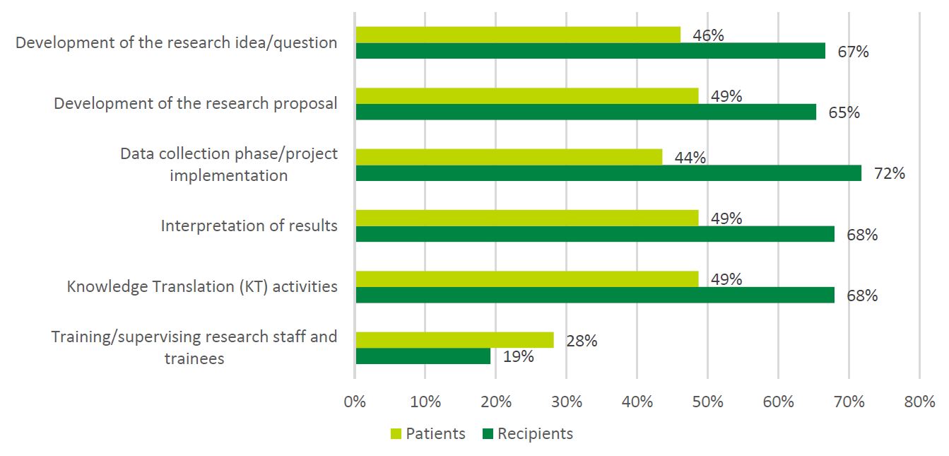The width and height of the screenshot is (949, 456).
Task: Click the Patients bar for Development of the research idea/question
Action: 518,35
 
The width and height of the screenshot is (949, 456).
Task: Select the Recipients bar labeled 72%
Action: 608,173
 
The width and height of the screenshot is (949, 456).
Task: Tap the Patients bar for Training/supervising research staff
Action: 454,340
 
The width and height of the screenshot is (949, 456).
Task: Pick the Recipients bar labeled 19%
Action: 423,356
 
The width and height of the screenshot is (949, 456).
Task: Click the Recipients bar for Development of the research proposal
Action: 586,112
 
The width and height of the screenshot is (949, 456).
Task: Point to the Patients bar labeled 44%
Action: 509,157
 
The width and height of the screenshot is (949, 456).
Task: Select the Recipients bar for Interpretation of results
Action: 595,234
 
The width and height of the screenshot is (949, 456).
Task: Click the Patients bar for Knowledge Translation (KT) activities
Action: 527,279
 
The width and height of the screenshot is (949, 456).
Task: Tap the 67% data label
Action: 853,52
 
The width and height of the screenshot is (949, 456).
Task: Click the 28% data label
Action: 582,341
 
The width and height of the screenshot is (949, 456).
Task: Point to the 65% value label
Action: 844,112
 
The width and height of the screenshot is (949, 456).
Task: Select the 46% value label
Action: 708,35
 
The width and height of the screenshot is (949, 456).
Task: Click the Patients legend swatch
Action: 396,433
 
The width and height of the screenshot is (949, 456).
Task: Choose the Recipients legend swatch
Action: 487,433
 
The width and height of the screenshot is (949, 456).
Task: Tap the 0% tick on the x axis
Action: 355,402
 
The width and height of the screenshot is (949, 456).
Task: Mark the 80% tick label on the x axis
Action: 919,402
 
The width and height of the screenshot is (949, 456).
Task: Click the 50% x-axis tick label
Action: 707,402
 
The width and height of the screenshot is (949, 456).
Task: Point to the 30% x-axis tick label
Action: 566,402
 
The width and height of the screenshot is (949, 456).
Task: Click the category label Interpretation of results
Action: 249,226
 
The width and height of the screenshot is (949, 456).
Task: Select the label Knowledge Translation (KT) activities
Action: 202,287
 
